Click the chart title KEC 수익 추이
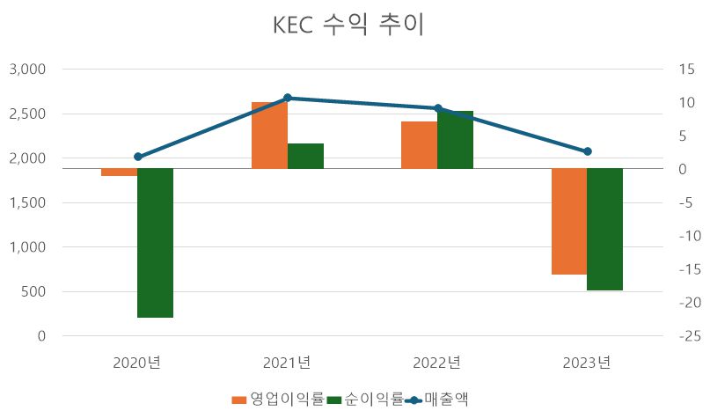coord(349,26)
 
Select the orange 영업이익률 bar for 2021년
coord(269,135)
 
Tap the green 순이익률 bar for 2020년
coord(155,242)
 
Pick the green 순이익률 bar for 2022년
coord(455,139)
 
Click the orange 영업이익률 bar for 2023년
coord(569,221)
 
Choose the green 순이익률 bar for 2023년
coord(604,229)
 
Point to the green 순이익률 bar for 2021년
coord(305,155)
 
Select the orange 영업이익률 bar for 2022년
coord(419,144)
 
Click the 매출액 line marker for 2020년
coord(137,157)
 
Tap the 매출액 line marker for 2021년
coord(287,98)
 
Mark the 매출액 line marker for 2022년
coord(437,108)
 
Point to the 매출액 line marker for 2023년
coord(587,151)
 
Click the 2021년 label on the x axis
coord(287,362)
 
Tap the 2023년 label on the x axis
coord(587,362)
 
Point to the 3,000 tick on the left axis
coord(29,69)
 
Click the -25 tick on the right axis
coord(682,336)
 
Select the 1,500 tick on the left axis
coord(29,202)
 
